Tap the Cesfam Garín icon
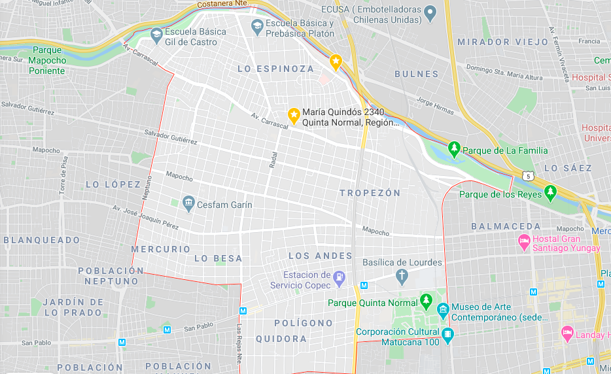click(x=189, y=204)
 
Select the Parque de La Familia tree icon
click(x=455, y=150)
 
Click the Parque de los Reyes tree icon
click(x=551, y=194)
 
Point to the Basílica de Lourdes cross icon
click(x=402, y=277)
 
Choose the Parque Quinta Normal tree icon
click(x=427, y=302)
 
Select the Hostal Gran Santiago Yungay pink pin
click(x=523, y=243)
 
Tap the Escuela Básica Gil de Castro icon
click(x=156, y=35)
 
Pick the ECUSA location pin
click(x=430, y=12)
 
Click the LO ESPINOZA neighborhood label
click(x=275, y=69)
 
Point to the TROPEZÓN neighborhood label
click(x=370, y=193)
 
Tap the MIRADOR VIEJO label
click(x=502, y=42)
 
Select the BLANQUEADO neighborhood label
click(x=42, y=240)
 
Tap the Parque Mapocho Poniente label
click(x=47, y=60)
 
